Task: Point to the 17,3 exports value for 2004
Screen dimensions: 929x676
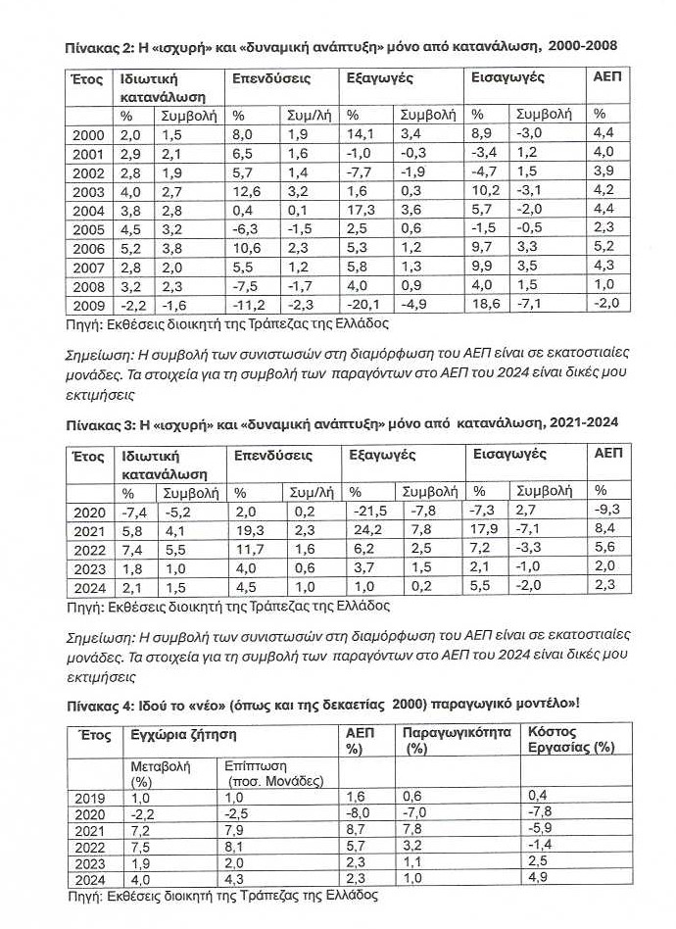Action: [x=362, y=209]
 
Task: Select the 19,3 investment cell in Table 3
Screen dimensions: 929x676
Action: [x=245, y=531]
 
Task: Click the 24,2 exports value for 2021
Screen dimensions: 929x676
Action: [x=364, y=531]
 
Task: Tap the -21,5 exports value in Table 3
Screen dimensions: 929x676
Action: [x=368, y=512]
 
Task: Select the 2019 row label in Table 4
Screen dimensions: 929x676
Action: [x=89, y=798]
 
